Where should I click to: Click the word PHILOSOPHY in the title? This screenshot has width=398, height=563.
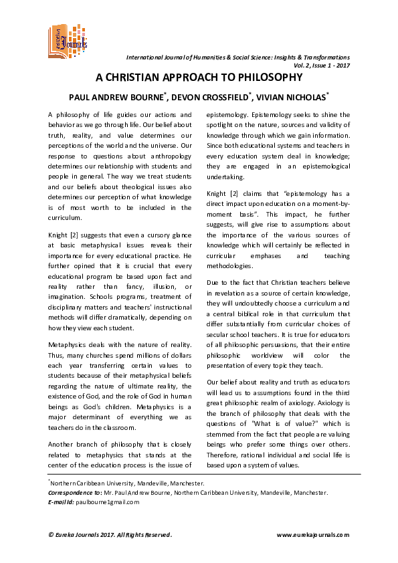click(267, 78)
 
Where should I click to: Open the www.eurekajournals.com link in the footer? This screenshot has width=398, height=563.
click(312, 534)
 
